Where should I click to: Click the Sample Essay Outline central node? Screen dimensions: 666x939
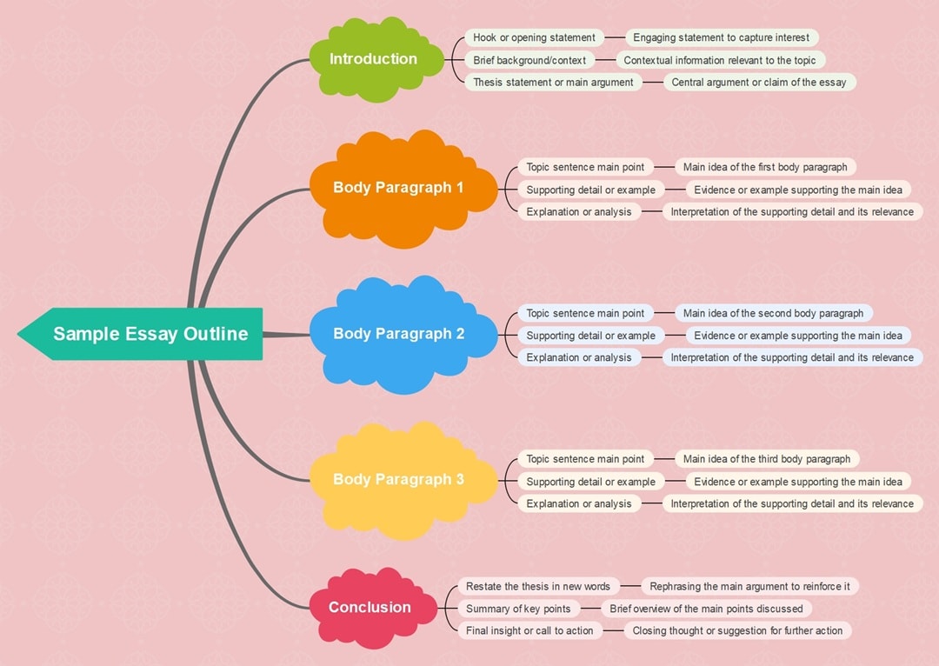tap(150, 334)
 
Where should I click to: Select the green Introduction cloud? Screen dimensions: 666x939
tap(373, 59)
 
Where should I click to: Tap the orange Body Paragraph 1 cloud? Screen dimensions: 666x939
tap(398, 188)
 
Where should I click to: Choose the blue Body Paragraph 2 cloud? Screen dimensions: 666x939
tap(398, 334)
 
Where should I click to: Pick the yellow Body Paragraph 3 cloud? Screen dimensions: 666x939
tap(398, 479)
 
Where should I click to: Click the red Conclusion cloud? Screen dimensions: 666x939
tap(370, 608)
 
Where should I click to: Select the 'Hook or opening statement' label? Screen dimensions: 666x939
tap(534, 37)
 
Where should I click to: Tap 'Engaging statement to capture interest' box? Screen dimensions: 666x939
tap(721, 37)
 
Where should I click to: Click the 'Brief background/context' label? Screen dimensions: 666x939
tap(529, 60)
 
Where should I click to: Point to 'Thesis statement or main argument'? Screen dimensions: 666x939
tap(553, 82)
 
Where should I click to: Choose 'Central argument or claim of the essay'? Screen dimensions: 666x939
tap(758, 82)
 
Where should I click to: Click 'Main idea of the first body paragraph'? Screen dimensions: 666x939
tap(764, 167)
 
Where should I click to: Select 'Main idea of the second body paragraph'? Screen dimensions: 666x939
tap(773, 313)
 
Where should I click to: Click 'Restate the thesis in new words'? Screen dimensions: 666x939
tap(537, 587)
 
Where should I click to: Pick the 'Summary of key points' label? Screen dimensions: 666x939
tap(518, 609)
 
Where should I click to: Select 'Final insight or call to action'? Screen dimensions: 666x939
tap(529, 630)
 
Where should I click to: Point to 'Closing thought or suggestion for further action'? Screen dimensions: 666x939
tap(737, 630)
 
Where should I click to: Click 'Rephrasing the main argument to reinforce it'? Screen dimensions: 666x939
tap(749, 587)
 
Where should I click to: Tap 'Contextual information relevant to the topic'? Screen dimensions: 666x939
tap(720, 60)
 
